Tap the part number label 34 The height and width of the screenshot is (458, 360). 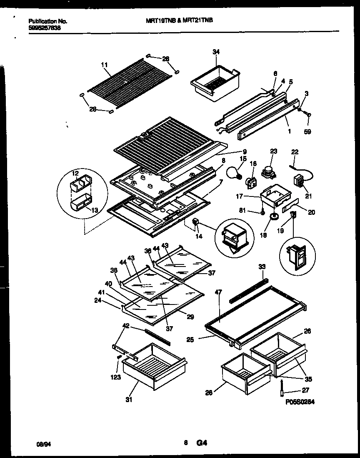215,52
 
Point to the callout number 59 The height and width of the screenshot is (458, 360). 307,132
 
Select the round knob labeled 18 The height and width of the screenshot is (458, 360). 274,216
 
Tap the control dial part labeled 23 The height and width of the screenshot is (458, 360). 267,169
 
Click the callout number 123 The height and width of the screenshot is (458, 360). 116,377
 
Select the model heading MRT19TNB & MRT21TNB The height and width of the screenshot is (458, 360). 183,20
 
